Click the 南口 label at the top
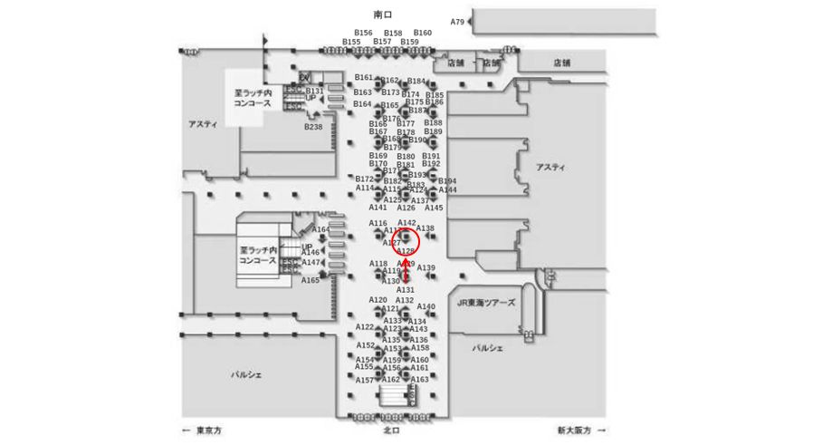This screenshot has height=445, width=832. [x=383, y=15]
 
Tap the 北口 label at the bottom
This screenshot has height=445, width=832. [x=391, y=430]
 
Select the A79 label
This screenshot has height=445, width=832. [x=457, y=22]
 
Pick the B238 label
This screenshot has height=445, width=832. [x=312, y=127]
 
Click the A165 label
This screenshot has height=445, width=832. [x=311, y=280]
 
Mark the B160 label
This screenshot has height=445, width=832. [x=423, y=33]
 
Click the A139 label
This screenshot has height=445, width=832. [x=426, y=267]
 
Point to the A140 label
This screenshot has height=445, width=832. [x=426, y=306]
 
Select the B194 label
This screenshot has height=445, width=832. [x=447, y=181]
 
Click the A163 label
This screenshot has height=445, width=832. [x=419, y=379]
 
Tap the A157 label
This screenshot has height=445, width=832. [x=364, y=380]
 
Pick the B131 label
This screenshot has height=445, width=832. [x=314, y=91]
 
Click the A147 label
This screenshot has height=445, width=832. [x=311, y=262]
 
